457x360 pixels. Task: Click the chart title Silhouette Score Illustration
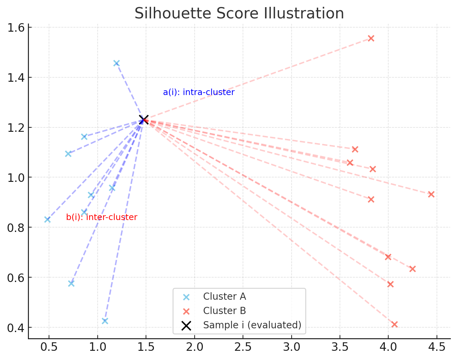[239, 13]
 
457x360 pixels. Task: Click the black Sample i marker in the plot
[144, 120]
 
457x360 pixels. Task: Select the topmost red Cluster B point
[371, 38]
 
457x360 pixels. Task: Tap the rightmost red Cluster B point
[431, 194]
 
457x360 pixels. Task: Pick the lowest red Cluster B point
[394, 324]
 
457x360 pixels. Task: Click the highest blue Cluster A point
[116, 63]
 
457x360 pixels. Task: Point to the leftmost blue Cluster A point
[47, 220]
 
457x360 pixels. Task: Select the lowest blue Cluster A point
[105, 321]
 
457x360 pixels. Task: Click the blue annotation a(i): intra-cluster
[199, 92]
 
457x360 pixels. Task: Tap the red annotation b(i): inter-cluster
[102, 217]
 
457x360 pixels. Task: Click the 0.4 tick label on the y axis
[16, 328]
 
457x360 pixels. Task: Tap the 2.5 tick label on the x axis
[243, 347]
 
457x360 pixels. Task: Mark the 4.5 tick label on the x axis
[437, 347]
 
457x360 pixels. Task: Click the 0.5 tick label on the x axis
[49, 347]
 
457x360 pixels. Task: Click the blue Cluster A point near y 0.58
[71, 283]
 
